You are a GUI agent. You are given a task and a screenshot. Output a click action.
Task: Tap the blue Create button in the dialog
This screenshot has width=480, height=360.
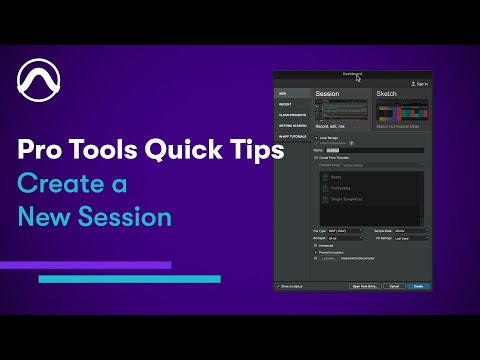point(418,285)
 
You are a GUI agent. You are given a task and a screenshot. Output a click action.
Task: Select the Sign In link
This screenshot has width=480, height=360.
point(420,84)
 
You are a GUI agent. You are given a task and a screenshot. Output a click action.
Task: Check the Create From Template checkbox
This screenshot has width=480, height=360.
point(316,158)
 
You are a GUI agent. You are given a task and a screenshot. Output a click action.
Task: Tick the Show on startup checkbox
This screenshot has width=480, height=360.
point(278,285)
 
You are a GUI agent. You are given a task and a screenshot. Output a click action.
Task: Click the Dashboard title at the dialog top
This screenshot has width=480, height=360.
point(352,74)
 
